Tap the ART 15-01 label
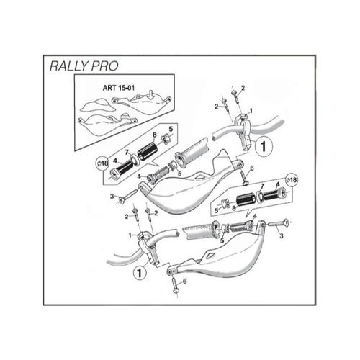(x=112, y=91)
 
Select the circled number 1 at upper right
(x=263, y=145)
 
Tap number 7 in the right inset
(x=262, y=186)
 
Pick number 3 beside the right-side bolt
(x=282, y=235)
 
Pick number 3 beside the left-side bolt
(x=112, y=196)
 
